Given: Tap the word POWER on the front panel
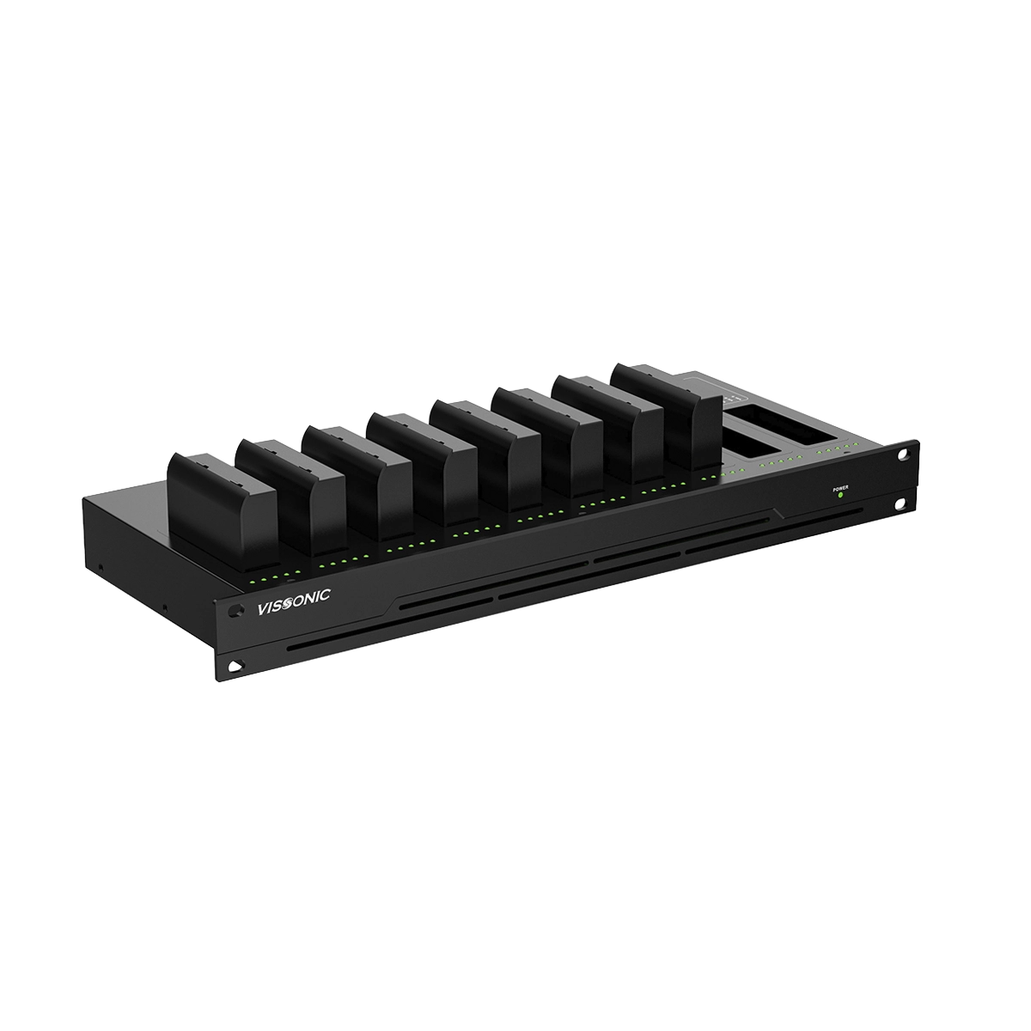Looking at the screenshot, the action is [840, 488].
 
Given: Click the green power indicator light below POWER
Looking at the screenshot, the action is [840, 495].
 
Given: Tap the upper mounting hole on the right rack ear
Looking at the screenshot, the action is [904, 454].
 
